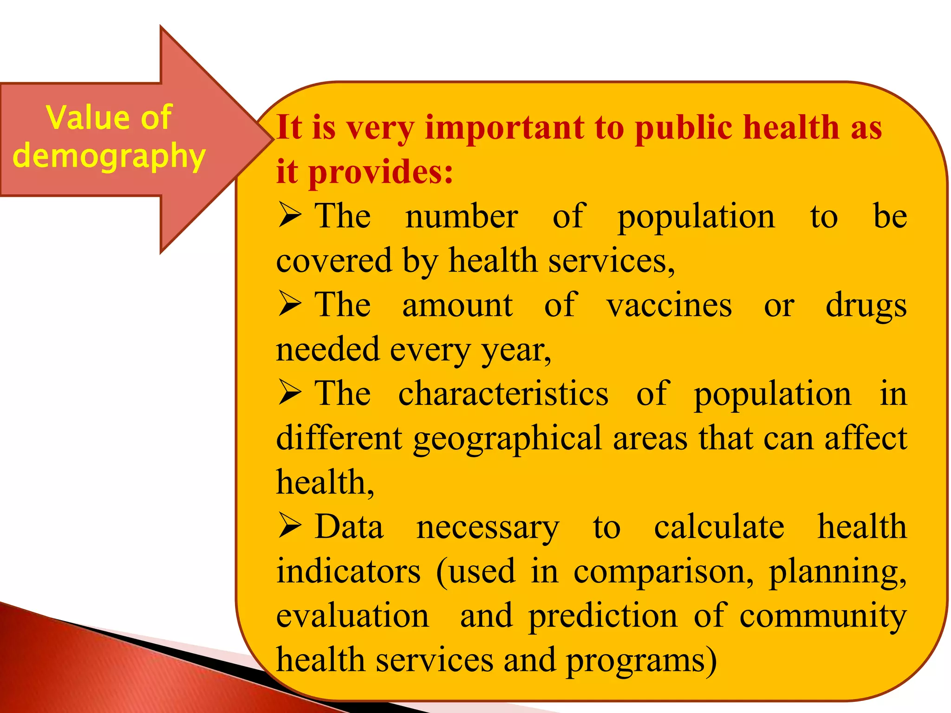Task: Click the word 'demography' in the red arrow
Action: pos(109,156)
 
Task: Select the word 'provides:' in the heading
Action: pos(381,172)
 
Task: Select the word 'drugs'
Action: pos(866,306)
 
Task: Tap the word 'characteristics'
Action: pos(503,394)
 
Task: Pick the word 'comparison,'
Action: pos(663,572)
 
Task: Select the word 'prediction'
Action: pos(603,616)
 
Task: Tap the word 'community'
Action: pos(823,616)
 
